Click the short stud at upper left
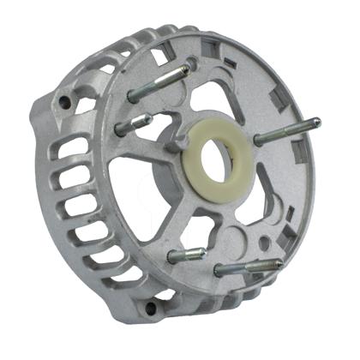(135, 121)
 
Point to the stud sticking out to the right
(288, 131)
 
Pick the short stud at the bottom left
(186, 255)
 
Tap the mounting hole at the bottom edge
(152, 307)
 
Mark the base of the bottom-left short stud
(172, 257)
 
